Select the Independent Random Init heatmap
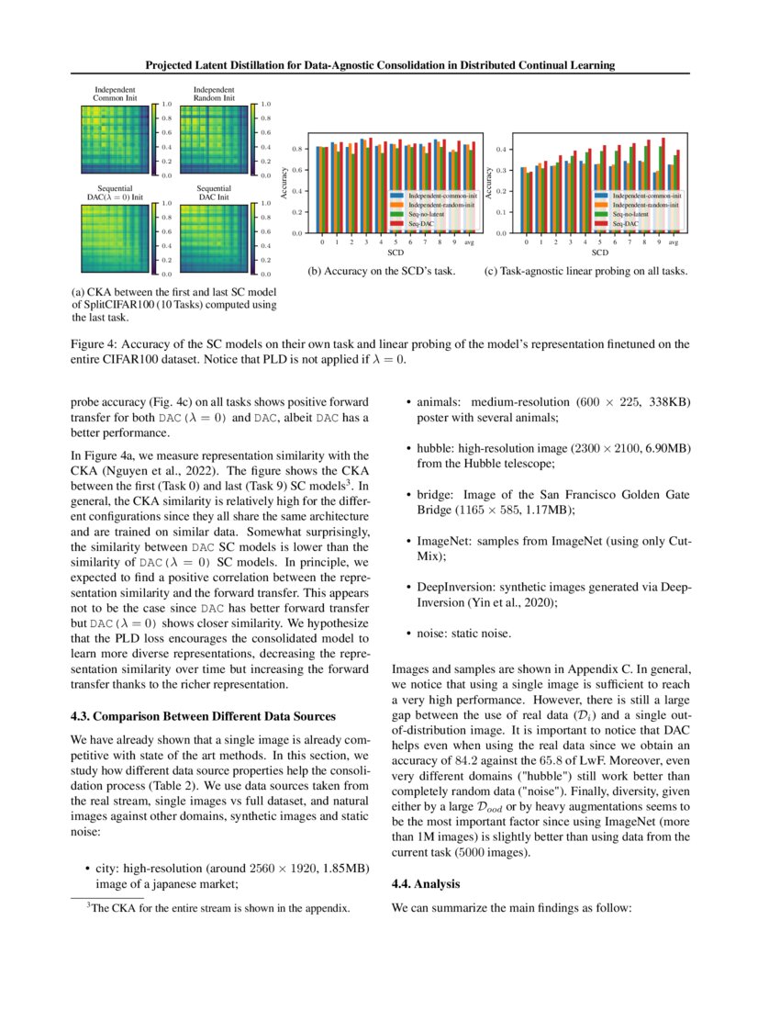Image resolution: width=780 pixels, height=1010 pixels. (x=210, y=139)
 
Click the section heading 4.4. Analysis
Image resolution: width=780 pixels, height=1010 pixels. (x=426, y=883)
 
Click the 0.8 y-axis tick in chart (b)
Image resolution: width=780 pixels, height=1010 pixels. (x=297, y=148)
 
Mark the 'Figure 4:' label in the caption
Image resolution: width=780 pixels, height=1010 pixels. (x=96, y=345)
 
